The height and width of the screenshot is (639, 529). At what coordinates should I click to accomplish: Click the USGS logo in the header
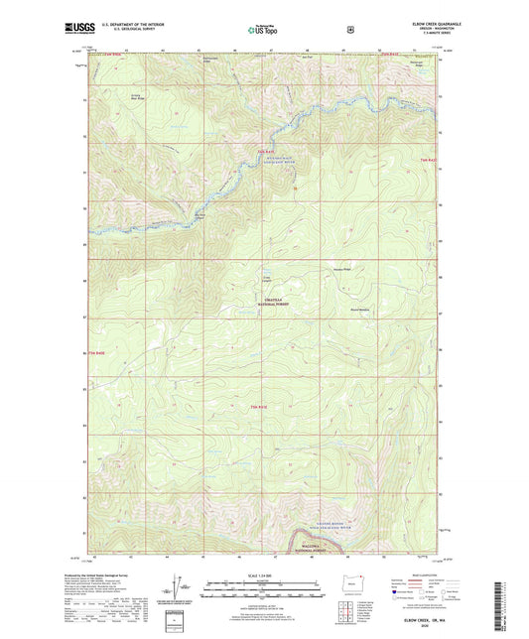click(x=78, y=29)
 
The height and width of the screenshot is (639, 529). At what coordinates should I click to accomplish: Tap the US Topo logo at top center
click(x=262, y=30)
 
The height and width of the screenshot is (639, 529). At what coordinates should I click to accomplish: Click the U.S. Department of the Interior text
click(x=129, y=24)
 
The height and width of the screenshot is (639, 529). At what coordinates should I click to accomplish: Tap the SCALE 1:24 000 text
click(x=262, y=573)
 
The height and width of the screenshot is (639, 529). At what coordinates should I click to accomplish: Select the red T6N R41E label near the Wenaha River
click(x=264, y=153)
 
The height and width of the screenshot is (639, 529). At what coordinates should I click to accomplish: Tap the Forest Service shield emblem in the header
click(x=349, y=29)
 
